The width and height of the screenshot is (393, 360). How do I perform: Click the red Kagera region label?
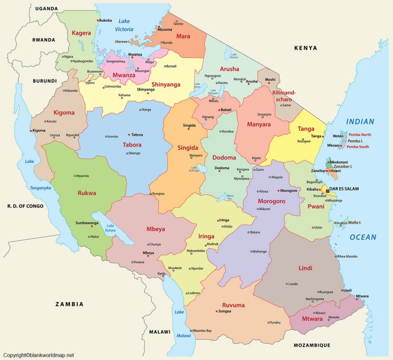click(81, 33)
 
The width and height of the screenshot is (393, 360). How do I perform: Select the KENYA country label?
click(305, 48)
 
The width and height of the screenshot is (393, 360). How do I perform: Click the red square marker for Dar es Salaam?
click(327, 191)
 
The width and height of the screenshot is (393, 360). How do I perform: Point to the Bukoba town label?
click(105, 20)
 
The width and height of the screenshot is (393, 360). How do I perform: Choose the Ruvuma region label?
click(233, 305)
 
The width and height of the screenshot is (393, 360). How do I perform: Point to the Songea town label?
click(225, 311)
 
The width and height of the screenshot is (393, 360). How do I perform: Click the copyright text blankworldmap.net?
click(38, 355)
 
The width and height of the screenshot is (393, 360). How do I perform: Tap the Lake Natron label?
click(234, 56)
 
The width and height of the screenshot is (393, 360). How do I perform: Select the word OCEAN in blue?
click(363, 237)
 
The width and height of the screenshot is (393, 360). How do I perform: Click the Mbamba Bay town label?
click(202, 331)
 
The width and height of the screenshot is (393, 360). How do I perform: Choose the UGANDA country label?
click(46, 9)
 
